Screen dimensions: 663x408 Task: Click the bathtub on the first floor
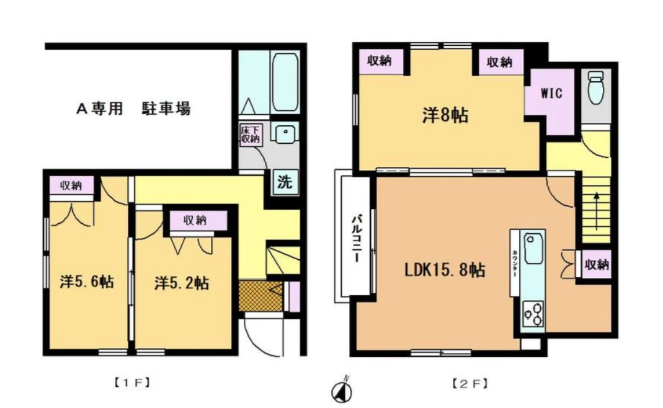click(x=285, y=82)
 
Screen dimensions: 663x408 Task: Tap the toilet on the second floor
click(x=596, y=87)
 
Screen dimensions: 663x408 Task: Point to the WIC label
click(x=551, y=93)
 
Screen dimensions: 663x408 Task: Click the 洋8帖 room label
click(x=445, y=115)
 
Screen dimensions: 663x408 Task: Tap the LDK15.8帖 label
click(x=445, y=270)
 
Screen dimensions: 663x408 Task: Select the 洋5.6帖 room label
click(x=87, y=282)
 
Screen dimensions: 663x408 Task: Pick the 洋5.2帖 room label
click(x=181, y=283)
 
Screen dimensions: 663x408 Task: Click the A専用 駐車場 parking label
click(x=133, y=109)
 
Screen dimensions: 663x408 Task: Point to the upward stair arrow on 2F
click(x=596, y=211)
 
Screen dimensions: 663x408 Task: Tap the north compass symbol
click(x=342, y=391)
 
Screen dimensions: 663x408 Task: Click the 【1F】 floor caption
click(x=131, y=383)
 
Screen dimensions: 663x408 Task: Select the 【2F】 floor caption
click(x=469, y=384)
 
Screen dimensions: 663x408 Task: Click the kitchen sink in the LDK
click(x=533, y=249)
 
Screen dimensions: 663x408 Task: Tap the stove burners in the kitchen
click(x=533, y=313)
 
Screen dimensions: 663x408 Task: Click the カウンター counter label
click(x=514, y=264)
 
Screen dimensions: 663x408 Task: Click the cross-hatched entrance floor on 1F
click(x=260, y=296)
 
